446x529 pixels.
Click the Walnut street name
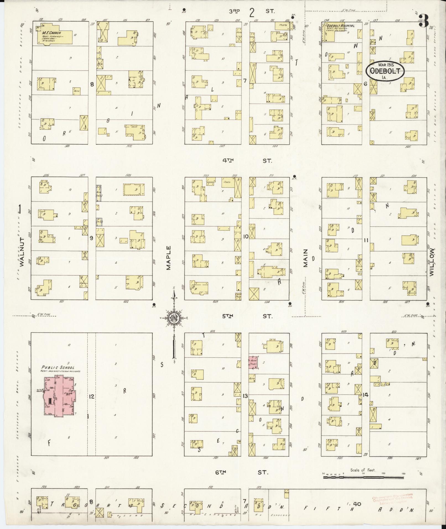point(22,252)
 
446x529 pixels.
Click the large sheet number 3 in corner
point(424,21)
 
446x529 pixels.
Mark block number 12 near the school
point(91,397)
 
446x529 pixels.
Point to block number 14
point(366,395)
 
